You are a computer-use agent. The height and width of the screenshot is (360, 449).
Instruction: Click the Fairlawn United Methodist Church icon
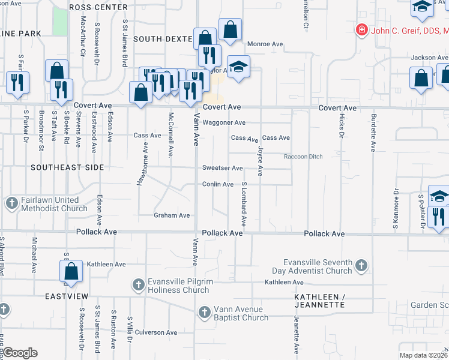coord(11,203)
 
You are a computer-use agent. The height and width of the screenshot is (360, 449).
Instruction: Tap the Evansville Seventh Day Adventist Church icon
coord(361,265)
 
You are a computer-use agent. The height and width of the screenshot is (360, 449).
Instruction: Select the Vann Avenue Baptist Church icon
coord(204,312)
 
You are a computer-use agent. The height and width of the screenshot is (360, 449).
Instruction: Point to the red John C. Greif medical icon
coord(361,29)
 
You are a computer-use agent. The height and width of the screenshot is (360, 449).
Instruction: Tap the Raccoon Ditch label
coord(303,157)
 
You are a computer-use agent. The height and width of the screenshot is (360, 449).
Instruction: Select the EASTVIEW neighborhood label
coord(66,296)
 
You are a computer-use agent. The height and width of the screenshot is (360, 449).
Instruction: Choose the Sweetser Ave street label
coord(222,168)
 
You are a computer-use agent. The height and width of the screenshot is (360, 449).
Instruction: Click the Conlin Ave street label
coord(217,184)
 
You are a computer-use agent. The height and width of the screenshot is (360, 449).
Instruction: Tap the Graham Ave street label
coord(172,215)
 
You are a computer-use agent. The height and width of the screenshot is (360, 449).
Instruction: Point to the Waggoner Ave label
coord(224,122)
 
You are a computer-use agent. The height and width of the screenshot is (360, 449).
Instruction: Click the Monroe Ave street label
coord(265,44)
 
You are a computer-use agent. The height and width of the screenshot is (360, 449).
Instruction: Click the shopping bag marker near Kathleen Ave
coord(71,271)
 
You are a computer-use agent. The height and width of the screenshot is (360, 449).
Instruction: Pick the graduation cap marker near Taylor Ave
coord(238,67)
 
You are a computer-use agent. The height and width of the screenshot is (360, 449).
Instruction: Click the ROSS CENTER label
coord(98,7)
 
